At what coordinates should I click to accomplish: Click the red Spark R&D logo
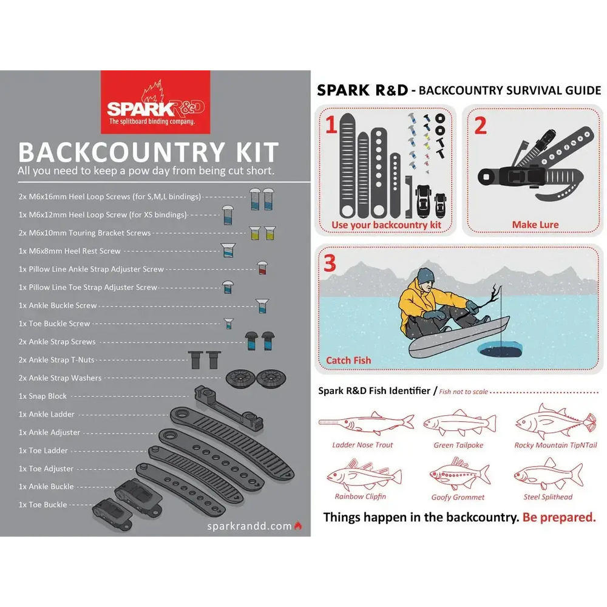click(x=155, y=101)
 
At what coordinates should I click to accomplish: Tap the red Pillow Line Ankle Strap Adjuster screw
click(x=262, y=268)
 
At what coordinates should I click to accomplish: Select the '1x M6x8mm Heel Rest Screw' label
click(x=70, y=251)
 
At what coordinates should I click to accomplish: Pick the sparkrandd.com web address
click(x=249, y=526)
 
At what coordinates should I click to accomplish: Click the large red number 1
click(x=331, y=125)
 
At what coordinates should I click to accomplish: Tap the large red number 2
click(x=480, y=125)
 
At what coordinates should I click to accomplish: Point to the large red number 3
click(x=330, y=263)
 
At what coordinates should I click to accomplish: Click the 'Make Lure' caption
click(x=535, y=225)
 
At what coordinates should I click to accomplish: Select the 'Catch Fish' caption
click(x=348, y=360)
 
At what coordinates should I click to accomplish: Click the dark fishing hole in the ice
click(x=499, y=349)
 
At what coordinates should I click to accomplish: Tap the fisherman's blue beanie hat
click(x=426, y=274)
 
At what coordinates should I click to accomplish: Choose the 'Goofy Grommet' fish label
click(x=458, y=497)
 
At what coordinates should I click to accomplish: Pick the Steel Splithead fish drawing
click(x=548, y=473)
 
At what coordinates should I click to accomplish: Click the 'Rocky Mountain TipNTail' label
click(x=555, y=445)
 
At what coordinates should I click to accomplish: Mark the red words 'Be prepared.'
click(x=558, y=517)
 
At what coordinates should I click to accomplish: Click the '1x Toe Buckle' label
click(x=42, y=504)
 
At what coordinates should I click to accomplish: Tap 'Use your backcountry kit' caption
click(x=386, y=225)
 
